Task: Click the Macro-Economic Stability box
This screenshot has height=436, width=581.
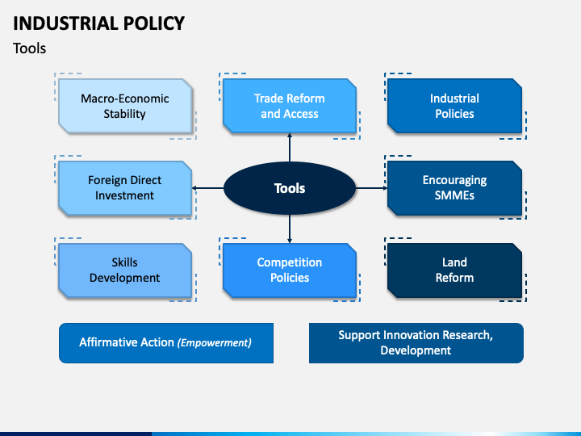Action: [125, 106]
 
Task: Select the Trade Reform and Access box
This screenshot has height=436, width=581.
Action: [290, 106]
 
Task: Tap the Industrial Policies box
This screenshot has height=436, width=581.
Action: [454, 106]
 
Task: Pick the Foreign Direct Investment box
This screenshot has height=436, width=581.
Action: [125, 188]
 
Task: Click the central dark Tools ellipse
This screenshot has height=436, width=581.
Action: [290, 188]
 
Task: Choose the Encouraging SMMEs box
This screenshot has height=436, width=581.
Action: [454, 188]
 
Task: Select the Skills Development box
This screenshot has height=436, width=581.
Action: [125, 270]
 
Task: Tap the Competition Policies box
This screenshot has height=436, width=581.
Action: [290, 270]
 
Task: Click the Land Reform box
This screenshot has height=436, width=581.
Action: [454, 270]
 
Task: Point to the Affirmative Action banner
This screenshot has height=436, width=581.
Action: [166, 343]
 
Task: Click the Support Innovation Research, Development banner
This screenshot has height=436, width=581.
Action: [416, 343]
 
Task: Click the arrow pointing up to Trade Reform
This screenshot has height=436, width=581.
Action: [290, 148]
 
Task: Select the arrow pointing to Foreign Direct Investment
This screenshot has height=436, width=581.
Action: [208, 188]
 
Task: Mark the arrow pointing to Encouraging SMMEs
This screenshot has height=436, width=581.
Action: [372, 188]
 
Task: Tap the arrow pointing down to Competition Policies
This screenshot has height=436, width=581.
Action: [290, 228]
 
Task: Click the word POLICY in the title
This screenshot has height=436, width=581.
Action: [154, 23]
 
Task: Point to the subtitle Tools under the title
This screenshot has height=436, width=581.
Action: [29, 48]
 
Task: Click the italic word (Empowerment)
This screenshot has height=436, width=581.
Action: [214, 342]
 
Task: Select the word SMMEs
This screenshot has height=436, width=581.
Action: [454, 195]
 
